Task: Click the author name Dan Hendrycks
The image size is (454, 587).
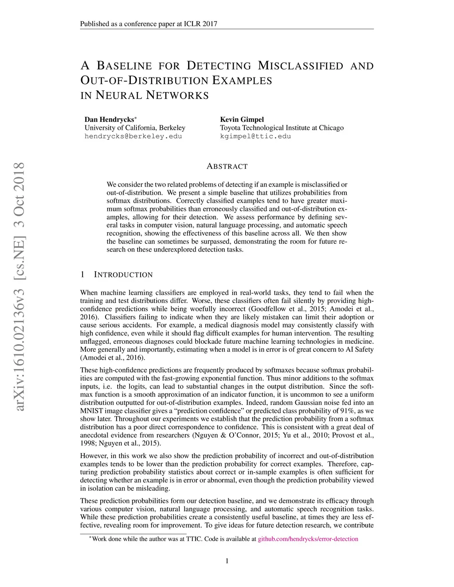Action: coord(109,120)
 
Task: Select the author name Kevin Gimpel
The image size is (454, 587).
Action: coord(242,120)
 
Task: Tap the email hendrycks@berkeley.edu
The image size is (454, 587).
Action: coord(133,136)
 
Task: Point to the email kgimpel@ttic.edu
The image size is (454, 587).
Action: coord(255,136)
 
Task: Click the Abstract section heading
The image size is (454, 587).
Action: coord(227,167)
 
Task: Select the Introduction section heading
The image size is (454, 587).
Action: coord(123,275)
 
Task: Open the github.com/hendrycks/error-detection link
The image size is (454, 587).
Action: coord(308,539)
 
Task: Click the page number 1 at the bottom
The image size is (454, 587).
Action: coord(227,561)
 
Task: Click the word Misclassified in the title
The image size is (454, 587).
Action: coord(300,66)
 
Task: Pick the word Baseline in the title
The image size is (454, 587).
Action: coord(124,66)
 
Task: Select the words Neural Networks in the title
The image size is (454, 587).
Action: coord(152,95)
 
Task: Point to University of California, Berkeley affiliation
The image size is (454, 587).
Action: coord(135,128)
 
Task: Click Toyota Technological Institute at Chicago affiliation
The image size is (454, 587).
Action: coord(282,128)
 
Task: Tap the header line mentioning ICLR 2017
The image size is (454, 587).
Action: coord(149,24)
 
